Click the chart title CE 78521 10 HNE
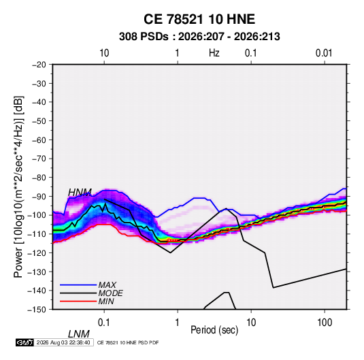click(x=199, y=19)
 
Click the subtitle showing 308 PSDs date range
click(x=199, y=37)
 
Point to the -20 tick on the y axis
click(x=39, y=65)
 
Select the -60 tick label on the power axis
click(x=39, y=140)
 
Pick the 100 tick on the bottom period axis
click(x=325, y=323)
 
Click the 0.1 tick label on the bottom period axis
click(x=104, y=323)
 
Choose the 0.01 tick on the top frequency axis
click(x=324, y=53)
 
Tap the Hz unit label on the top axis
click(x=214, y=53)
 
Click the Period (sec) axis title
click(x=214, y=330)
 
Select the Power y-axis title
click(x=18, y=186)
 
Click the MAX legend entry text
click(x=107, y=285)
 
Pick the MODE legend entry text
click(x=110, y=293)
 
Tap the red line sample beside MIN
click(x=78, y=301)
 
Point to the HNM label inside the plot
click(x=80, y=193)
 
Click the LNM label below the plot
click(x=79, y=334)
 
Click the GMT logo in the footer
click(x=24, y=342)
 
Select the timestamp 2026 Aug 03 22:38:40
click(x=63, y=342)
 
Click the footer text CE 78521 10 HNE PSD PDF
click(x=128, y=342)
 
